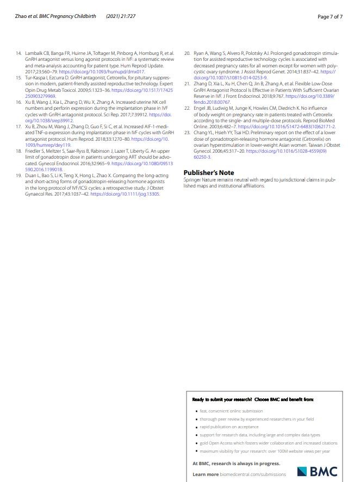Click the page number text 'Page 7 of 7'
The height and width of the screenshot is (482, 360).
[x=330, y=16]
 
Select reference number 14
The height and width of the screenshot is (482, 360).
[x=18, y=53]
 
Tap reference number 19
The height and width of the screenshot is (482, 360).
[x=18, y=176]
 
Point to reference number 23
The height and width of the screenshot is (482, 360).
[x=187, y=133]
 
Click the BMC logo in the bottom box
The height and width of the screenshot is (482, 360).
[x=317, y=471]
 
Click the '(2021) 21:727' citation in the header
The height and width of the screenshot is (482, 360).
[x=121, y=16]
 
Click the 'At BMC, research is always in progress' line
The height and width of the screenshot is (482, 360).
[x=237, y=464]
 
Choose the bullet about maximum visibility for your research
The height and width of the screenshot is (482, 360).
[x=265, y=451]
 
